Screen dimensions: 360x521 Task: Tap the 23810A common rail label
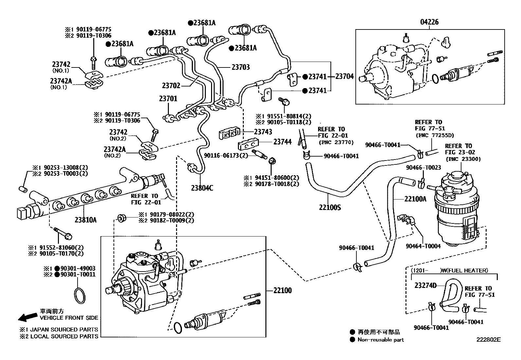click(x=85, y=220)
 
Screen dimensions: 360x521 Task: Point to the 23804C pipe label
click(x=202, y=188)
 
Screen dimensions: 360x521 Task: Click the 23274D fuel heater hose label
click(x=425, y=285)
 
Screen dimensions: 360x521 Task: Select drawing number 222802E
click(x=488, y=339)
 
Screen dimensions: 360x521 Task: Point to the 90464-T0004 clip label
click(x=423, y=246)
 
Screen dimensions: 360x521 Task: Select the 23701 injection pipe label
click(x=168, y=98)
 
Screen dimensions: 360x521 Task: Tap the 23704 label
click(x=345, y=77)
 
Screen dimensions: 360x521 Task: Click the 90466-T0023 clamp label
click(x=423, y=167)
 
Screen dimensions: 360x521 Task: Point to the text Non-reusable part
click(x=381, y=340)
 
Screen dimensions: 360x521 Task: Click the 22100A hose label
click(x=416, y=199)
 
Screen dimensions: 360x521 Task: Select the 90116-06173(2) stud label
click(x=226, y=155)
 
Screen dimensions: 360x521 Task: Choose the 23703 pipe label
click(x=241, y=67)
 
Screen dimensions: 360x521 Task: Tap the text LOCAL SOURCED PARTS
click(x=64, y=336)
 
